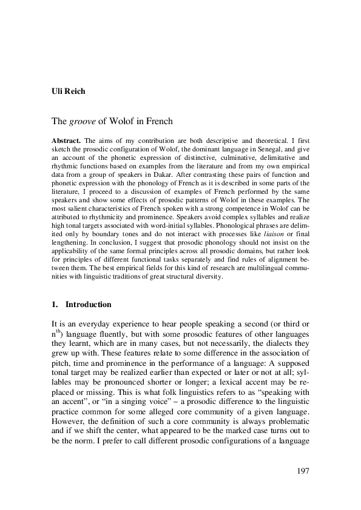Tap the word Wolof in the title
[125, 121]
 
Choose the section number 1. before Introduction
[55, 304]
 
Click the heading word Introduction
[88, 304]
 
